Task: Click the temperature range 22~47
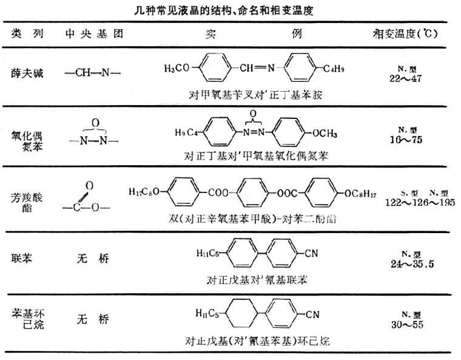pos(406,79)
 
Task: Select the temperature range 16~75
pos(407,139)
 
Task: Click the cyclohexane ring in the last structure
pos(237,314)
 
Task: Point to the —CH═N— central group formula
pos(93,73)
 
